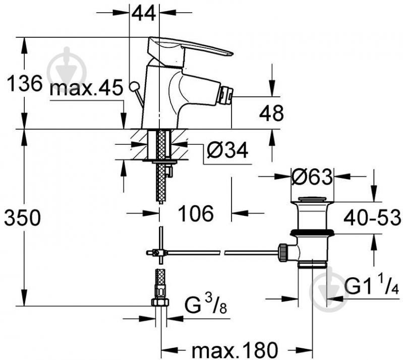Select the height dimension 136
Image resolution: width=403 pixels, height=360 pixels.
click(x=24, y=83)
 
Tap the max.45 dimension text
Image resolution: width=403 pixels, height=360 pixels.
click(x=86, y=88)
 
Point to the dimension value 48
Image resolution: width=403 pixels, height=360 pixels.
click(x=271, y=113)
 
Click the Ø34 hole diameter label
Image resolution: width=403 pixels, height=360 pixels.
click(x=227, y=150)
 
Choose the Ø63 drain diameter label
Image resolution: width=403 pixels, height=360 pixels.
click(x=312, y=177)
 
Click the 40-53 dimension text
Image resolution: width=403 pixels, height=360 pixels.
click(x=372, y=217)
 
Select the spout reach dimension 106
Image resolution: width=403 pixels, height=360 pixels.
click(x=196, y=213)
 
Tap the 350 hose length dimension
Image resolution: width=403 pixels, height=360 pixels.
click(x=22, y=217)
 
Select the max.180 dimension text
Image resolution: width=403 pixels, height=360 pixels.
click(x=235, y=350)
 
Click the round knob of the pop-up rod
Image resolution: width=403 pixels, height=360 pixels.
click(x=134, y=86)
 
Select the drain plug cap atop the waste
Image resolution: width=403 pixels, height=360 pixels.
click(x=312, y=199)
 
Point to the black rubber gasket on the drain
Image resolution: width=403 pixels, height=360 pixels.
click(x=312, y=232)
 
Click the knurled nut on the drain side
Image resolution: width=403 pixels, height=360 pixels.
click(x=282, y=253)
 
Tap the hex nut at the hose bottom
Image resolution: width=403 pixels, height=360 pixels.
click(x=160, y=302)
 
